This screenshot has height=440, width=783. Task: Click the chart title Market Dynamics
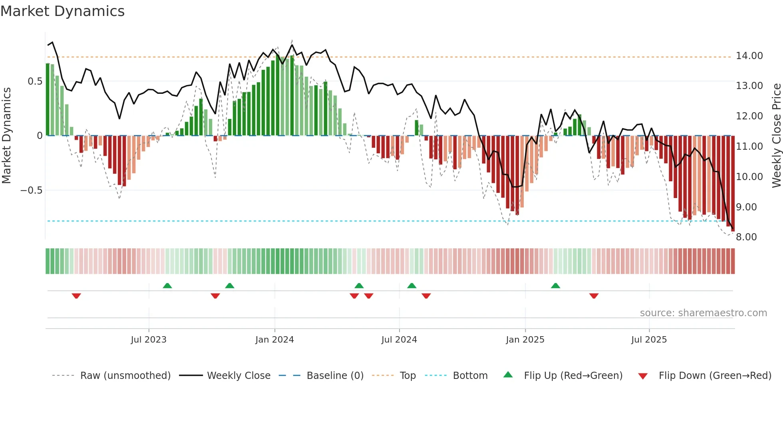coord(63,11)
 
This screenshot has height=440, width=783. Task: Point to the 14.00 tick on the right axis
coord(749,56)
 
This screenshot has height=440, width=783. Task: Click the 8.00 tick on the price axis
coord(746,237)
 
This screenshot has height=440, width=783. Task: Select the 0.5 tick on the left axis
coord(35,81)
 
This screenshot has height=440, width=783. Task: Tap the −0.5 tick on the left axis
coord(31,190)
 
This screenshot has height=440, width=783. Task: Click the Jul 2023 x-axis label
coord(149,340)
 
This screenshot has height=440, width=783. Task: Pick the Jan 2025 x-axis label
coord(525,340)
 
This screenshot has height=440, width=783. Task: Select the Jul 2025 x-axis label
coord(649,340)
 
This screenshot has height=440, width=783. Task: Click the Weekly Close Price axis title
coord(776,136)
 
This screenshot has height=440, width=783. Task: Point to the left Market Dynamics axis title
coord(6,136)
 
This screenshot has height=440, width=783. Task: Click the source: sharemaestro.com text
coord(703,313)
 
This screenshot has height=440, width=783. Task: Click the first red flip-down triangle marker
coord(76,296)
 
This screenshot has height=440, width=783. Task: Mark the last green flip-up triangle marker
coord(555,285)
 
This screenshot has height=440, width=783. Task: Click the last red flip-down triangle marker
coord(594,296)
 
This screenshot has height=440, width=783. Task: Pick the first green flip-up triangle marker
coord(167,285)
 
